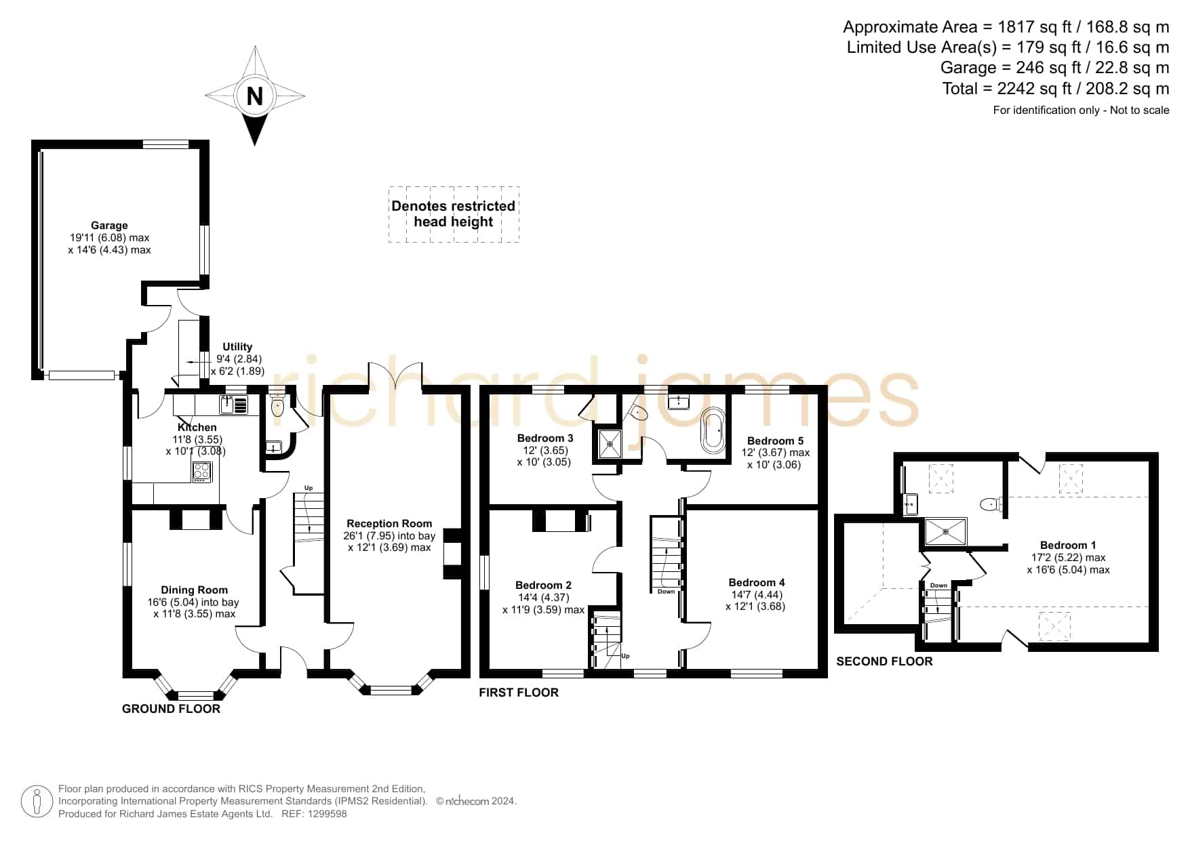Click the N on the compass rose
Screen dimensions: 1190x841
click(254, 96)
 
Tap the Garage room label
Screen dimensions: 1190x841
click(109, 226)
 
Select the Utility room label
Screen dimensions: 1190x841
click(237, 347)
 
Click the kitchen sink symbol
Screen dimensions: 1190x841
click(233, 405)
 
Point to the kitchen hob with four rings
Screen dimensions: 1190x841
click(202, 472)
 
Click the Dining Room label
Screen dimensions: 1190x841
click(194, 590)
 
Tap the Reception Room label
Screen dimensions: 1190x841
click(389, 523)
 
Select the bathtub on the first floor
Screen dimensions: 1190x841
click(712, 430)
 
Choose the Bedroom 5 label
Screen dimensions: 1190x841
click(775, 440)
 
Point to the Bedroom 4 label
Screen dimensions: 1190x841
click(757, 582)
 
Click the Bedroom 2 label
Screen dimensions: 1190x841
click(543, 585)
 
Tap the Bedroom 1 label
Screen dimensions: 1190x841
click(1068, 545)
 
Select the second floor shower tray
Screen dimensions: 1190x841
click(946, 532)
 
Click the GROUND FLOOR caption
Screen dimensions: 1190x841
click(171, 709)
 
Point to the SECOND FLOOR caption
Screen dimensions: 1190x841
click(884, 661)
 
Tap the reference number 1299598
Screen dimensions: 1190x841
click(329, 814)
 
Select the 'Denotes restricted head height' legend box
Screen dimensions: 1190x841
click(454, 214)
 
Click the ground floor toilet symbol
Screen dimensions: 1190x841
click(277, 405)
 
